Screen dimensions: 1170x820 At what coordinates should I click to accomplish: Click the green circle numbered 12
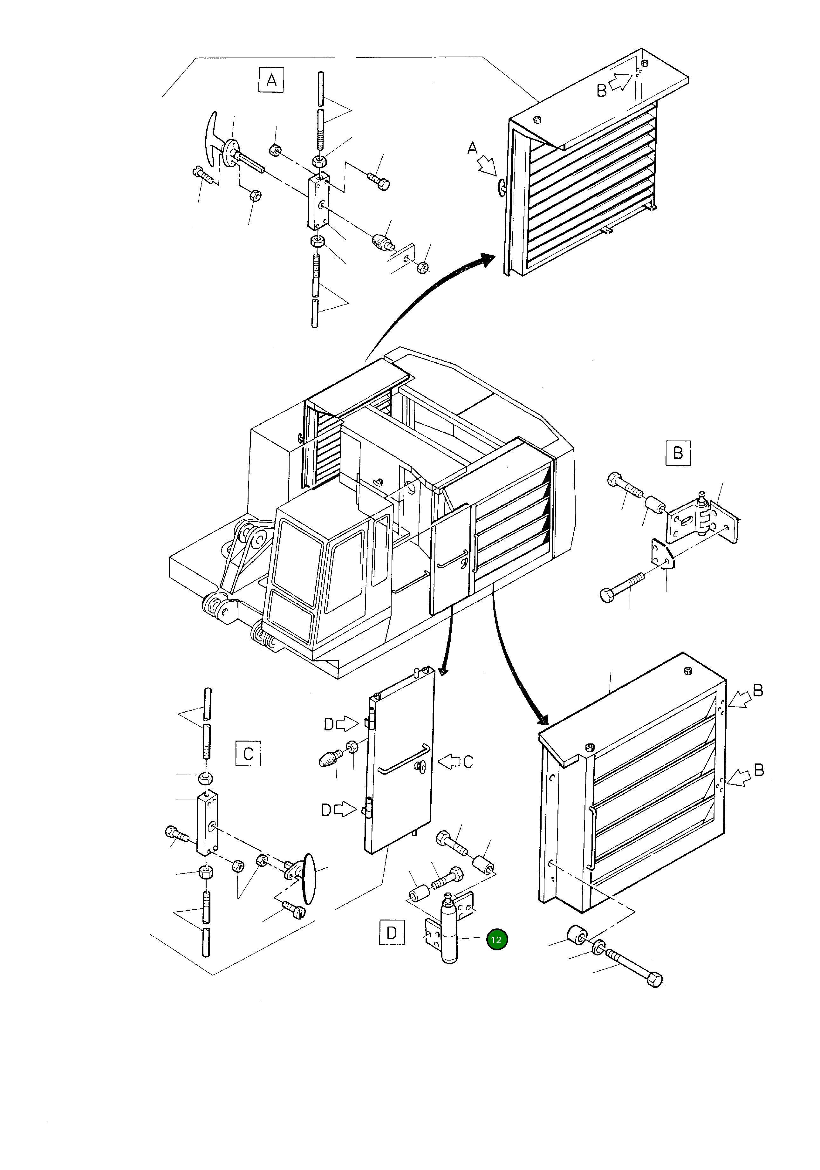click(x=496, y=940)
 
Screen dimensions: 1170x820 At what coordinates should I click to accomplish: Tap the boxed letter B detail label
click(x=678, y=453)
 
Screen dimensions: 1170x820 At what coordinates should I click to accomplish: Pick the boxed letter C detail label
click(x=248, y=753)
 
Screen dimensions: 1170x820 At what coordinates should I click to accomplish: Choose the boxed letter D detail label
click(x=391, y=933)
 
